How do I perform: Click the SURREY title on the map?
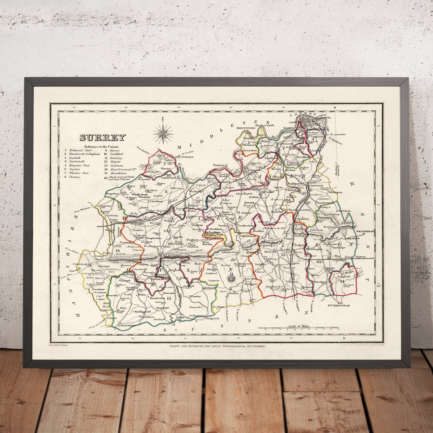click(x=102, y=138)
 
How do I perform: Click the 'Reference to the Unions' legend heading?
click(x=101, y=147)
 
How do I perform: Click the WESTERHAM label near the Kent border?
click(x=365, y=231)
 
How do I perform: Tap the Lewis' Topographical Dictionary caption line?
click(x=217, y=346)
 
